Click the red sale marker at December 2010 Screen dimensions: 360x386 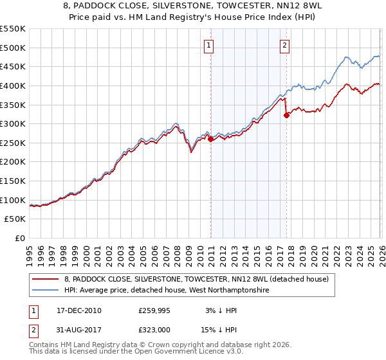coord(211,139)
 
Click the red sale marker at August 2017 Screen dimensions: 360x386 coord(287,115)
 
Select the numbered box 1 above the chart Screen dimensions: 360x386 coord(210,46)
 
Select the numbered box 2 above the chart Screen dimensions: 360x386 coord(284,46)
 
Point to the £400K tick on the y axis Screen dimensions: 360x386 coord(13,85)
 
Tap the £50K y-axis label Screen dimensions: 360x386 coord(15,219)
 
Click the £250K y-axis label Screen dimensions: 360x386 coord(13,143)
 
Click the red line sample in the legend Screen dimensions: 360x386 coord(50,279)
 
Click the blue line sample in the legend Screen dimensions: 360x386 coord(50,291)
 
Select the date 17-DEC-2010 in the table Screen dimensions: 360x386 coord(75,310)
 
